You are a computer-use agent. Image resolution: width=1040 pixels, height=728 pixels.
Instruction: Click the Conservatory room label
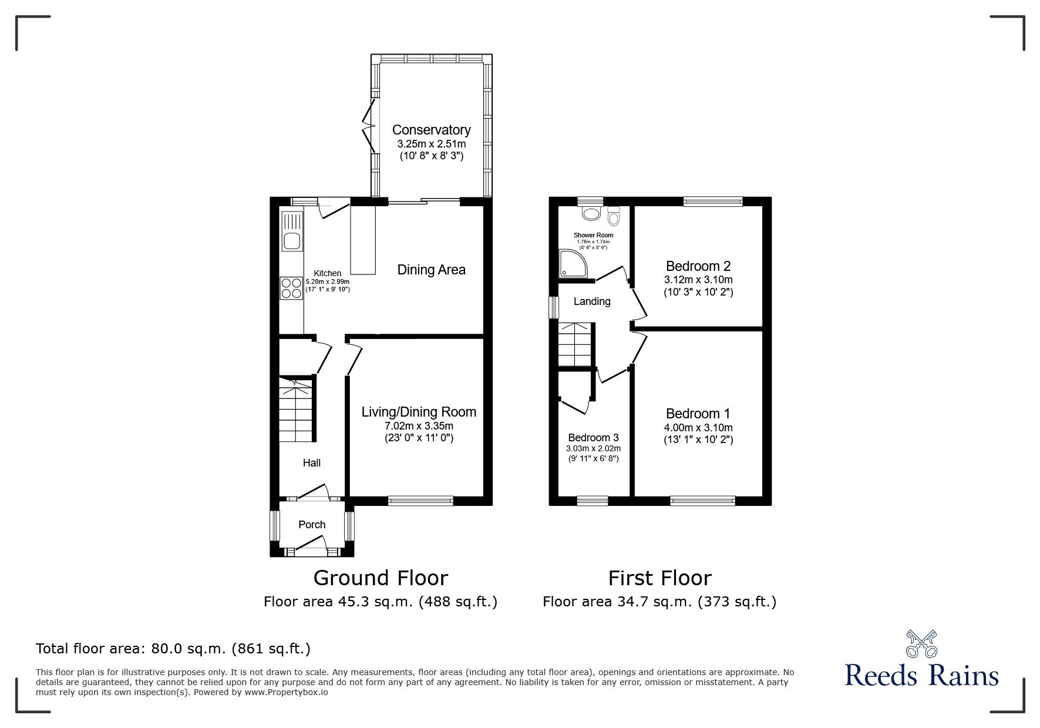tap(431, 130)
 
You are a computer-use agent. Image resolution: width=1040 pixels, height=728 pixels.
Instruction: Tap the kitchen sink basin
tap(291, 240)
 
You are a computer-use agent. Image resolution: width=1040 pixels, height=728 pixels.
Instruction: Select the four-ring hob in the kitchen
tap(291, 288)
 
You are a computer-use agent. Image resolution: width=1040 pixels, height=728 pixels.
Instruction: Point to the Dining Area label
tap(431, 270)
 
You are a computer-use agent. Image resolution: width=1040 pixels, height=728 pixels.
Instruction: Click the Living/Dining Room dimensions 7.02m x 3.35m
tap(419, 426)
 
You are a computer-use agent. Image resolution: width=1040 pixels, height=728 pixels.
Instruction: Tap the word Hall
tap(311, 463)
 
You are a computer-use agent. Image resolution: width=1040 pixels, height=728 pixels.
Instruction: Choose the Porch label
tap(312, 525)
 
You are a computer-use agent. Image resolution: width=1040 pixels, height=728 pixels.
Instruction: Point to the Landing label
tap(592, 301)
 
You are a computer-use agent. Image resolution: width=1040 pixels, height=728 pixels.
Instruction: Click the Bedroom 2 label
tap(698, 266)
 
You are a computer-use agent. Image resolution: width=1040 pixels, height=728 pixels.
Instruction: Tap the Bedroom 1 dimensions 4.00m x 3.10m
tap(698, 428)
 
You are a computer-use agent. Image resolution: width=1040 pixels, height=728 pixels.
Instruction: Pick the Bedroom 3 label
tap(593, 438)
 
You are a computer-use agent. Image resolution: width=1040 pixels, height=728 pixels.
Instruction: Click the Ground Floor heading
tap(381, 578)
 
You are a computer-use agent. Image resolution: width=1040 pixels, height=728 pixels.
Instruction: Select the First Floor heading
tap(659, 578)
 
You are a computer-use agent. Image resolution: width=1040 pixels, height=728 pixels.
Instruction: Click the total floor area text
tap(173, 649)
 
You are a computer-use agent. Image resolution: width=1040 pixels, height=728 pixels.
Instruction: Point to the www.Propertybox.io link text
tap(286, 692)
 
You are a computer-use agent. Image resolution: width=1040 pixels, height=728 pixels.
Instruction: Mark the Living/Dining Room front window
tap(420, 501)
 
